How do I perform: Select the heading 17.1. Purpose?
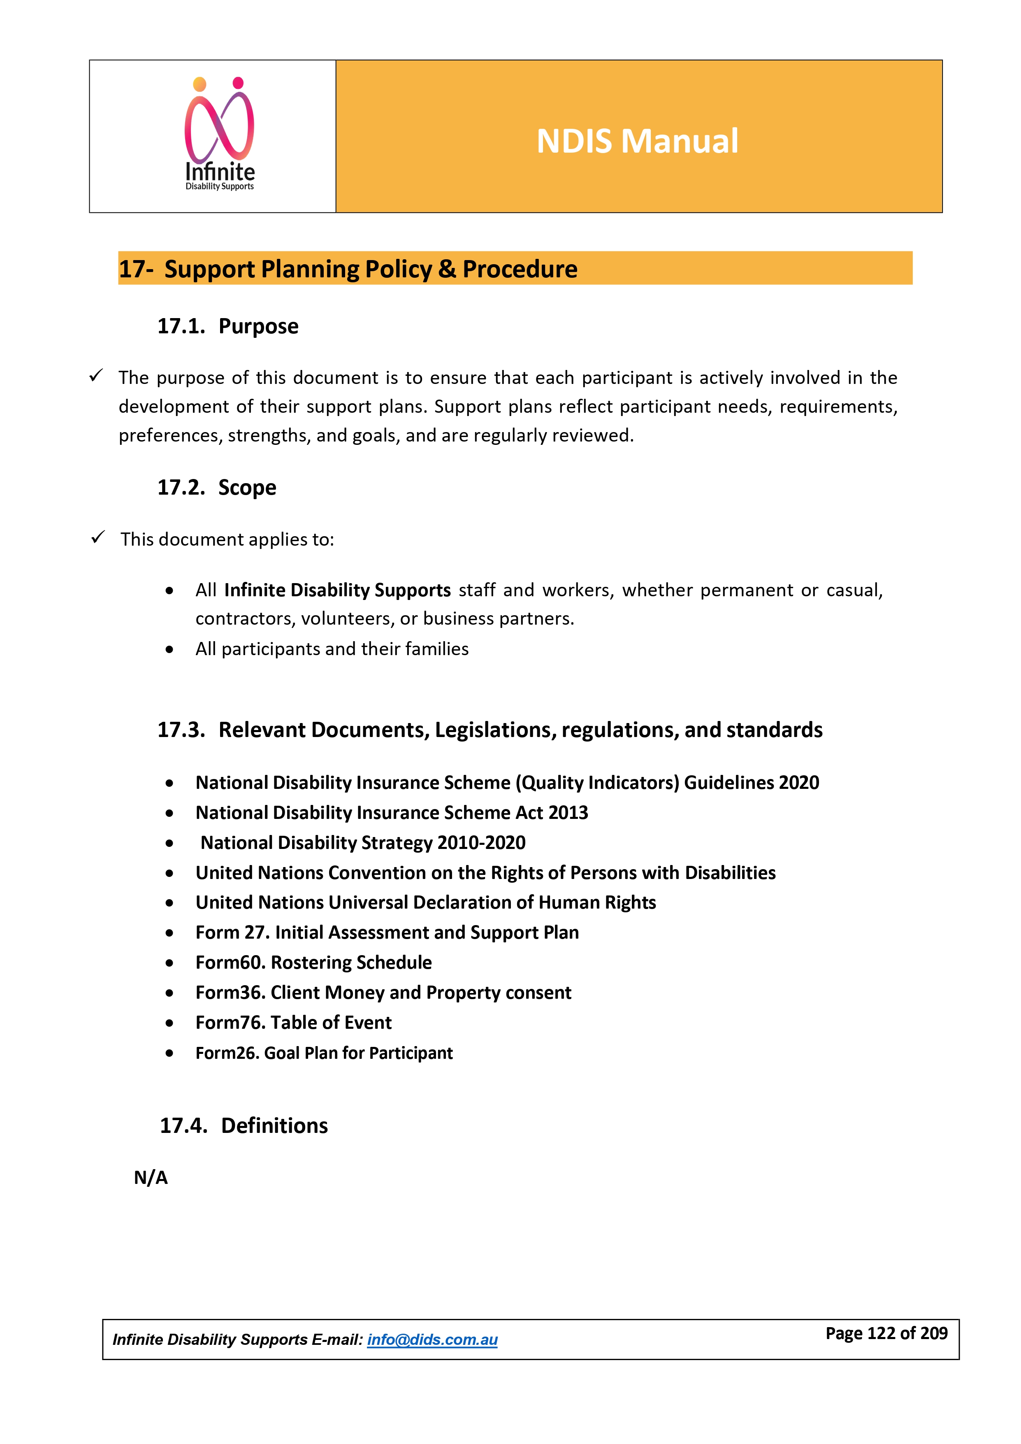coord(227,326)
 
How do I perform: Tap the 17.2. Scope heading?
coord(216,487)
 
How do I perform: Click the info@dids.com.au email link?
coord(432,1339)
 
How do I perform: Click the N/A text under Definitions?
coord(151,1177)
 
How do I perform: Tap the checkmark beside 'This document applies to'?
coord(97,537)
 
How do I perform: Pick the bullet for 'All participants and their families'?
coord(169,650)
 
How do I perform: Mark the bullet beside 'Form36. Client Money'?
coord(169,993)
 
